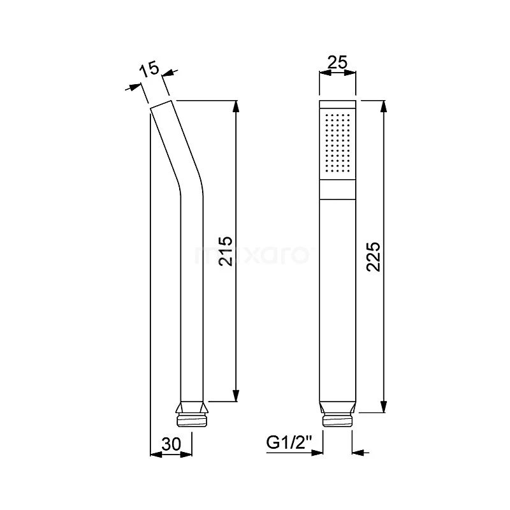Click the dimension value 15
tap(149, 68)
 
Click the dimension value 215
tap(225, 251)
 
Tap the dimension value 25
tap(337, 62)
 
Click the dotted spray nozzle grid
tap(338, 144)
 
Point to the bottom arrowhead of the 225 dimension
tap(384, 408)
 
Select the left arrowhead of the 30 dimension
tap(154, 453)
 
